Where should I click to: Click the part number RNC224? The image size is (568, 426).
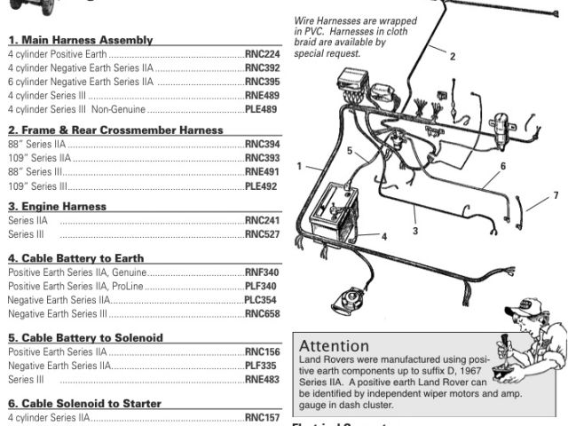(x=261, y=53)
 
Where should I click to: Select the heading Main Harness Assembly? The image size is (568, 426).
(x=80, y=40)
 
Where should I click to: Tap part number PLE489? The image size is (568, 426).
(x=261, y=109)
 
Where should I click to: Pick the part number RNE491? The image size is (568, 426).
(x=261, y=172)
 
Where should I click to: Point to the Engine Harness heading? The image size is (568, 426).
(x=57, y=206)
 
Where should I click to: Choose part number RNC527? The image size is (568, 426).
(x=261, y=234)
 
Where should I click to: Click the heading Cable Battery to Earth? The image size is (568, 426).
(x=75, y=258)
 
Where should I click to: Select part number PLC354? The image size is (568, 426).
(x=261, y=300)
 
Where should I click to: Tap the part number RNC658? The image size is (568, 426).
(x=261, y=314)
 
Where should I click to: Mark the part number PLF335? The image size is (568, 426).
(x=261, y=366)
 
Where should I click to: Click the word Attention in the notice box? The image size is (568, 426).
(x=335, y=345)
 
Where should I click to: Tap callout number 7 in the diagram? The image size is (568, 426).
(x=556, y=195)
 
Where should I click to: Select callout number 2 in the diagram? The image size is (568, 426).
(x=452, y=57)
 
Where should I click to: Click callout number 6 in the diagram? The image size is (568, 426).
(x=502, y=166)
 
